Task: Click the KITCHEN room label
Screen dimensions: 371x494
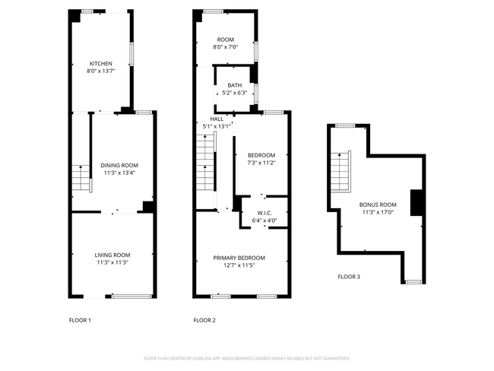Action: [x=101, y=63]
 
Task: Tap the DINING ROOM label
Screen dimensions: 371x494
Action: [x=119, y=165]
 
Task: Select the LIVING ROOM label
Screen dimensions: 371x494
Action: [x=112, y=255]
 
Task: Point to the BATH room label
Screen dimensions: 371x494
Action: [x=235, y=85]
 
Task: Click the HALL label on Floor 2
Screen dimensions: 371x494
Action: [x=217, y=119]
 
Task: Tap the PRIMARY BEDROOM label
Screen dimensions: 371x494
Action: [x=239, y=258]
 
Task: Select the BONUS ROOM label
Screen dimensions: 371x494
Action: [x=378, y=205]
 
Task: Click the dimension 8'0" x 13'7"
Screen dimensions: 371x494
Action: [x=101, y=71]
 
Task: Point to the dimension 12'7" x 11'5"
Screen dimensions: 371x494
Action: [x=239, y=265]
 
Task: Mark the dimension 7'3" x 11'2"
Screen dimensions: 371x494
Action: [x=261, y=163]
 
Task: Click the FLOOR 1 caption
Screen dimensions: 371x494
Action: [x=80, y=320]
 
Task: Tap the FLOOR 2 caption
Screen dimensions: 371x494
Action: [x=204, y=320]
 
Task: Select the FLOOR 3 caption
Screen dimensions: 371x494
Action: [x=349, y=277]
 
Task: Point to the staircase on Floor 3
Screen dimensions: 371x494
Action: [x=341, y=171]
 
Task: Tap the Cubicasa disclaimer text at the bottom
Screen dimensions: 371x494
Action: [x=246, y=358]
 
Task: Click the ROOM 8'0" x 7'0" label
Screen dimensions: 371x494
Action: [x=226, y=43]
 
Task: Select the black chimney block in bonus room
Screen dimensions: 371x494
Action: [x=416, y=202]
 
